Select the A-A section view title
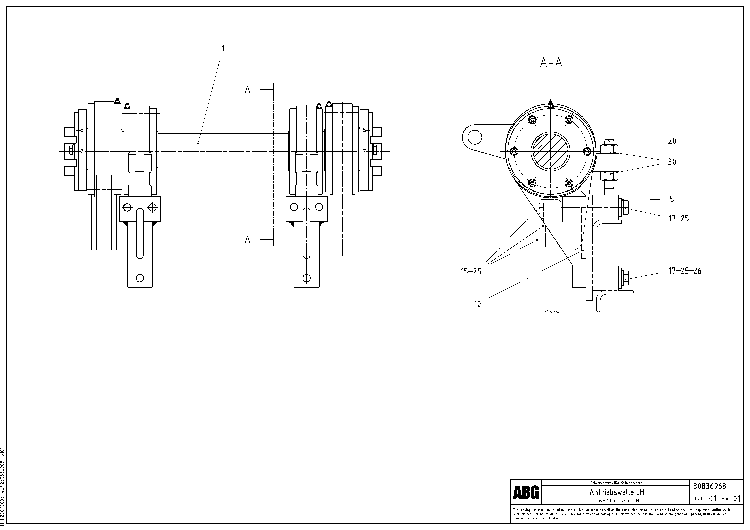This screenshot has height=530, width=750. point(551,62)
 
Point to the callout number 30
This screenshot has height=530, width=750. point(672,162)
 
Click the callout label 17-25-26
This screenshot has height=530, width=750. point(685,271)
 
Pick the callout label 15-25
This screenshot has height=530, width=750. point(471,272)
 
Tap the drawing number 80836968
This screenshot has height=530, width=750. point(710,486)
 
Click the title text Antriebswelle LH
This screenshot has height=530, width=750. point(616,492)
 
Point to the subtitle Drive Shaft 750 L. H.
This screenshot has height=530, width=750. point(616,501)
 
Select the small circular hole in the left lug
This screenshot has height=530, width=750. point(475,137)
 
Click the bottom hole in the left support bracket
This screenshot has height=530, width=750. point(140,278)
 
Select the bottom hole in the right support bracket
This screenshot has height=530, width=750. point(306,278)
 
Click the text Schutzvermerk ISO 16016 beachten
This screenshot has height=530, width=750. point(616,483)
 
